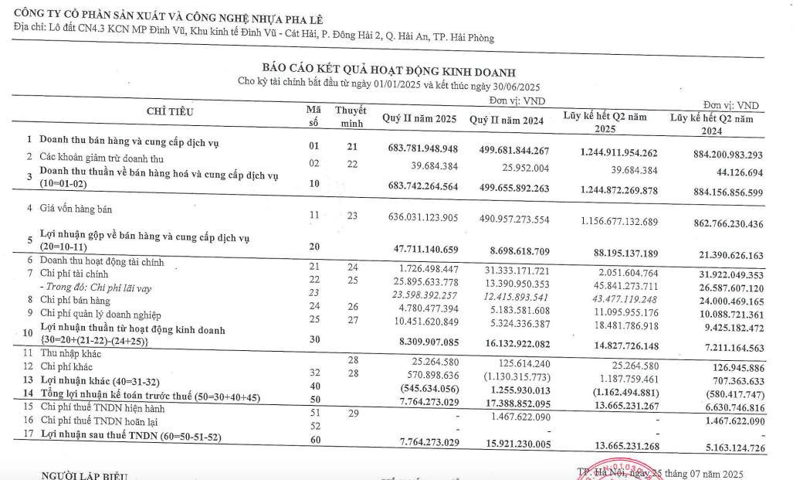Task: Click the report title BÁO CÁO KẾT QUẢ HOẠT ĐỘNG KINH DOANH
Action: coord(388,72)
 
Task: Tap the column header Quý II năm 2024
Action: coord(506,120)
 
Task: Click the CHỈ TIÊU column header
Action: coord(170,111)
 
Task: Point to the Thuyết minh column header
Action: coord(351,117)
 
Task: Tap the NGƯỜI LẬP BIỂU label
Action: coord(85,474)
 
